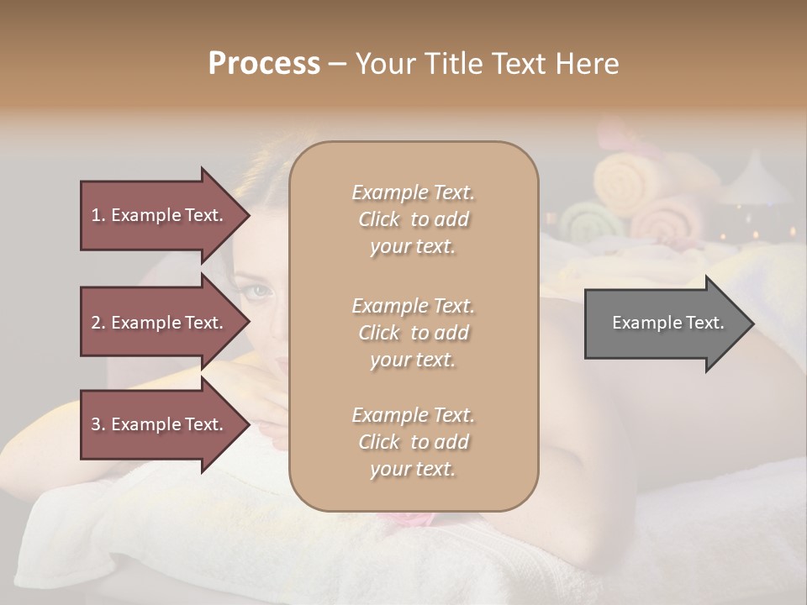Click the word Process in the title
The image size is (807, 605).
coord(264,64)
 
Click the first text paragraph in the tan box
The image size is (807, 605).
coord(413,219)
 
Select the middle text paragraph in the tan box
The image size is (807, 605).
coord(413,332)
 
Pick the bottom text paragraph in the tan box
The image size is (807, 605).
coord(413,442)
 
